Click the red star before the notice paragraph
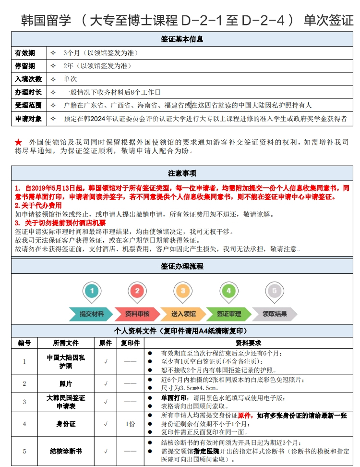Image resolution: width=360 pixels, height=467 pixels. point(18,142)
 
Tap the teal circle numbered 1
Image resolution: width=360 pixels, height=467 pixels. point(92,291)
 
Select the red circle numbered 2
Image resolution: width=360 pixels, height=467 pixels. point(137,291)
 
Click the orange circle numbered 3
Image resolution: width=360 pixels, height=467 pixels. point(183,291)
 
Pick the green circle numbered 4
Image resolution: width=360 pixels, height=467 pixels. point(228,291)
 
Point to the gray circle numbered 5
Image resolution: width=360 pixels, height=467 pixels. point(274,291)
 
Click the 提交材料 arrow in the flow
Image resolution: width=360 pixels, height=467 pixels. point(92,314)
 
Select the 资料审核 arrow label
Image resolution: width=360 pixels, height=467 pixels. point(137,314)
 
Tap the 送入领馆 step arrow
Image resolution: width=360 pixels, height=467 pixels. point(183,314)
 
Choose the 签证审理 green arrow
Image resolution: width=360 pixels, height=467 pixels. point(228,314)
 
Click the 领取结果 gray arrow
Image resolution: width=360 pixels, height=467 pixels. point(274,314)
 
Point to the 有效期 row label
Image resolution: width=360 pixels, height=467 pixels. point(25,53)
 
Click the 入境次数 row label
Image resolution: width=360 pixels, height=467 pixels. point(28,79)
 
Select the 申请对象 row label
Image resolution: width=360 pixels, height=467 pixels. point(28,119)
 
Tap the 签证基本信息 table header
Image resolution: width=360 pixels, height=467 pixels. point(182,39)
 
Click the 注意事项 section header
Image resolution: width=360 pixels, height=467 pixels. point(182,173)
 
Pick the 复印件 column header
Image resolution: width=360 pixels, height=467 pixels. point(130,343)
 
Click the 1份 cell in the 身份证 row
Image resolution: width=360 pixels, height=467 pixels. point(130,424)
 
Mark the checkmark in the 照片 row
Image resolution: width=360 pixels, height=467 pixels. point(106,383)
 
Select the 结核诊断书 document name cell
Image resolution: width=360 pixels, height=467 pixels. point(66,451)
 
